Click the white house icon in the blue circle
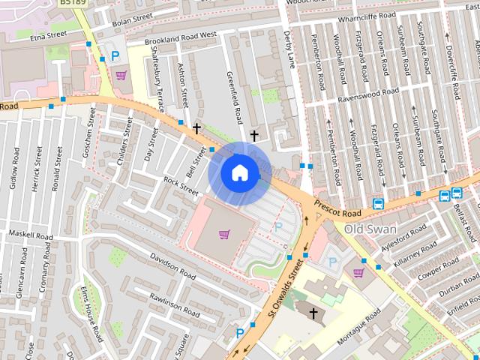pyautogui.click(x=239, y=173)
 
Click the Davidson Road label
pyautogui.click(x=172, y=266)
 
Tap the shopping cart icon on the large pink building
pyautogui.click(x=223, y=235)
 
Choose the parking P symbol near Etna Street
pyautogui.click(x=115, y=55)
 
